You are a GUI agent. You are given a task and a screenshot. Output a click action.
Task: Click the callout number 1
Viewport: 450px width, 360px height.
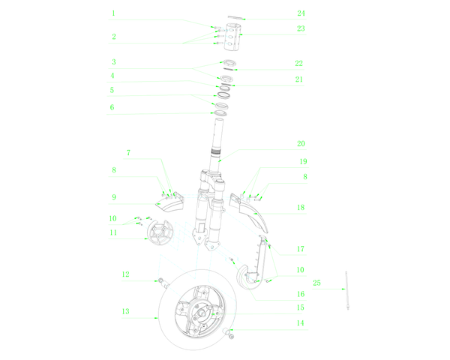(x=114, y=13)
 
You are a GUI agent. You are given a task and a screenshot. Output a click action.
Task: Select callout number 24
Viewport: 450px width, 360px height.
(x=301, y=13)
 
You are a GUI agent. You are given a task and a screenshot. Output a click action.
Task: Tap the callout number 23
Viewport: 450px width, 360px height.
(x=301, y=28)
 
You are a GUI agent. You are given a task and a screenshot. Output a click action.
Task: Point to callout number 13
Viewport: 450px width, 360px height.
(x=126, y=311)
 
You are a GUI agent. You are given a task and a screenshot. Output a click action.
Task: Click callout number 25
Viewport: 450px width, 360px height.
(x=316, y=283)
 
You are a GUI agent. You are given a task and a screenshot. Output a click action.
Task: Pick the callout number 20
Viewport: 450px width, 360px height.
(x=301, y=143)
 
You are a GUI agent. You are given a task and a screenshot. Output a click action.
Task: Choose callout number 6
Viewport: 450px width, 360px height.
(x=112, y=107)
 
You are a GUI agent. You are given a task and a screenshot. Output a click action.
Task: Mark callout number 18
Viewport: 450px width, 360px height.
(x=301, y=207)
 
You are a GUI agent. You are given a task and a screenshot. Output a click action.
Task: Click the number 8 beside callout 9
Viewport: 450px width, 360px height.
(x=114, y=170)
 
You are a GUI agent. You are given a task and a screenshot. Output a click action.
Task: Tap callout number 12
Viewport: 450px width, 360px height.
(x=126, y=274)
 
